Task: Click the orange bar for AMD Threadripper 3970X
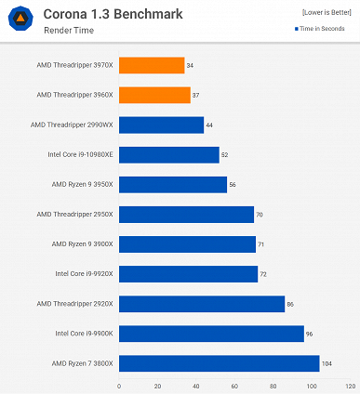coord(152,65)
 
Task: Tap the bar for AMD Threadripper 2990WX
coord(161,125)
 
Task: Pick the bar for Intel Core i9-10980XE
coord(169,154)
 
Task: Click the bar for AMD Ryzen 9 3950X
coord(173,184)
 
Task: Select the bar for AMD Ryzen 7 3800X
coord(220,363)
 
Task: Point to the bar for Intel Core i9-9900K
coord(211,334)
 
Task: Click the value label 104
coord(327,363)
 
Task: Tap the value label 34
coord(191,65)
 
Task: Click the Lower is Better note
coord(327,11)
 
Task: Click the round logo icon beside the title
coord(20,20)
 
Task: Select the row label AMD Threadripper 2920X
coord(74,304)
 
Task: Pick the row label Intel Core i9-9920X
coord(84,274)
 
